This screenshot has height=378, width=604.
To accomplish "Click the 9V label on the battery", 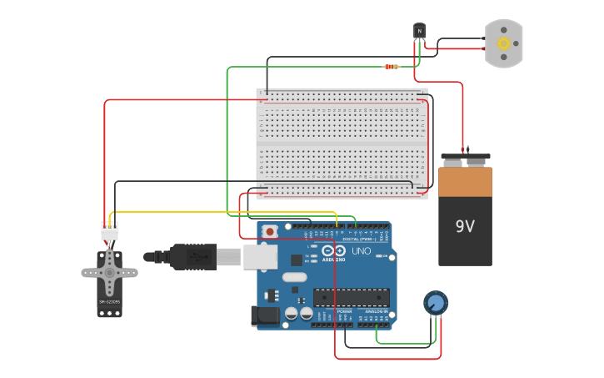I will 465,226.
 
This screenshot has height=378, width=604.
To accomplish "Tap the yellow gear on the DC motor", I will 503,43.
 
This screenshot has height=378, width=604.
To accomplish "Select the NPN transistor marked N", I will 420,32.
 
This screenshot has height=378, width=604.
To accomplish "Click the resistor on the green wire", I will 391,67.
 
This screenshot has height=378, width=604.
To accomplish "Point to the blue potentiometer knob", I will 434,302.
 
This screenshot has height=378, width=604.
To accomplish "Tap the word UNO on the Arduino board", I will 362,250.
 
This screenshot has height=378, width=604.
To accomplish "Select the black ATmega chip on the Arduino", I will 351,297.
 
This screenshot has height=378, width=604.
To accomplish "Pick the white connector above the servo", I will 109,230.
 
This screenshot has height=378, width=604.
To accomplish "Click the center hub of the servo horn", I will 109,272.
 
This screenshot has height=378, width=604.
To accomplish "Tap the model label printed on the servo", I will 109,301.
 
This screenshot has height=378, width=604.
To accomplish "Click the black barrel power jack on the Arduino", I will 265,315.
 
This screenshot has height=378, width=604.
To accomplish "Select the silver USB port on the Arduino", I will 260,257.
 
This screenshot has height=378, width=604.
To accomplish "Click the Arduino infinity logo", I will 333,250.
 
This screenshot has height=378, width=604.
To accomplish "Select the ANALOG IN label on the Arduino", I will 374,310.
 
